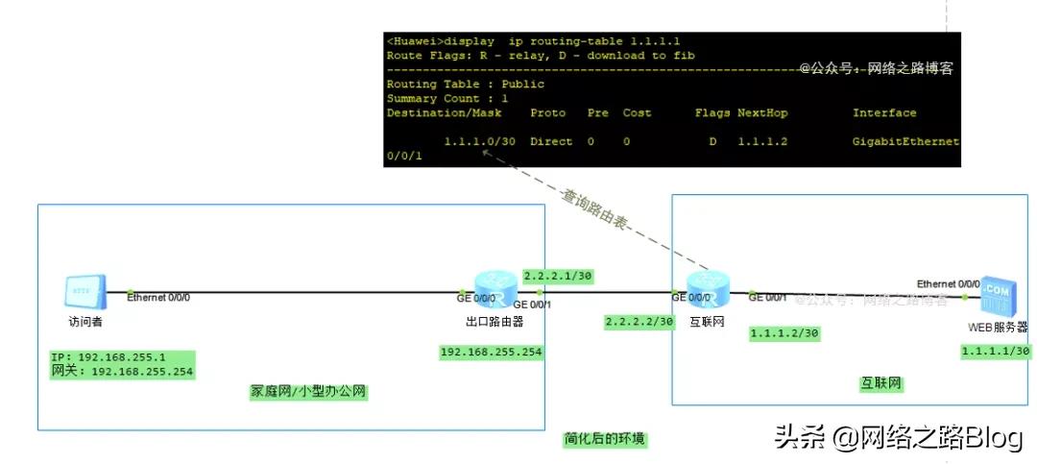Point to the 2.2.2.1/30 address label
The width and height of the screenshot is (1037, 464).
pos(558,276)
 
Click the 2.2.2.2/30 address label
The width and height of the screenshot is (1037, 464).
pos(639,321)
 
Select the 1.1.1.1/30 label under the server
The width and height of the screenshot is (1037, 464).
pos(996,352)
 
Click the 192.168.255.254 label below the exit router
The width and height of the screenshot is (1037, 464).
pos(491,352)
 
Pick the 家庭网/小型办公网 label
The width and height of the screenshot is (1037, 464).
pos(309,391)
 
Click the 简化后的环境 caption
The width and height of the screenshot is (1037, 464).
pos(605,439)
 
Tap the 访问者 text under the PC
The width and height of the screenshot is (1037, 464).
pos(84,322)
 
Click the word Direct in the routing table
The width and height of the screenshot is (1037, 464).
pos(550,141)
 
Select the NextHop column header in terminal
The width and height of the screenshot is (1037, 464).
pos(762,112)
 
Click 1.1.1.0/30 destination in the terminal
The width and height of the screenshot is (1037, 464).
pos(481,141)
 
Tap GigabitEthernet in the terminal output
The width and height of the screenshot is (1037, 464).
pos(905,141)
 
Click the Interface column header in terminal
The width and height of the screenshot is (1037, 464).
pos(884,112)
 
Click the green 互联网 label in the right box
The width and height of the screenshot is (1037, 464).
pos(880,383)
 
